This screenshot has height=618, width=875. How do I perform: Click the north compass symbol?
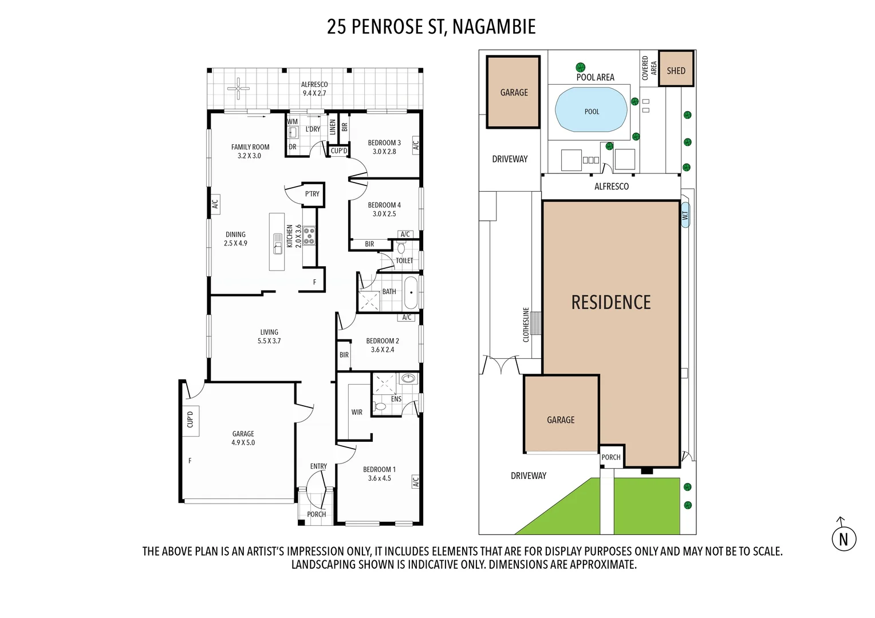pyautogui.click(x=844, y=537)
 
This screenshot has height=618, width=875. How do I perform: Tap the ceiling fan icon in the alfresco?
pyautogui.click(x=238, y=89)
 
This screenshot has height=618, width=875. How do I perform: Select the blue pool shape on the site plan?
pyautogui.click(x=591, y=110)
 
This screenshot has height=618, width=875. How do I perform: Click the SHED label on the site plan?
pyautogui.click(x=676, y=70)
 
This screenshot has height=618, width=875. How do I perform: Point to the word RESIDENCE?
pyautogui.click(x=611, y=303)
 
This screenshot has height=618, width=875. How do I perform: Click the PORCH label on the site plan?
pyautogui.click(x=611, y=457)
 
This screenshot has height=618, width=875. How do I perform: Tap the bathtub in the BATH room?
pyautogui.click(x=411, y=292)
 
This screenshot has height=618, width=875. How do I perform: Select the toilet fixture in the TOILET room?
pyautogui.click(x=401, y=248)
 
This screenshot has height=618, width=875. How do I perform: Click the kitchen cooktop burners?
pyautogui.click(x=309, y=236)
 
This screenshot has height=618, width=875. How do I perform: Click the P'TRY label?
pyautogui.click(x=312, y=194)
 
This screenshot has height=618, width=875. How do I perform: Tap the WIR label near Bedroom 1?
pyautogui.click(x=357, y=412)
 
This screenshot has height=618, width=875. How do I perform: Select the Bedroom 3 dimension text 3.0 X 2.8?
pyautogui.click(x=384, y=152)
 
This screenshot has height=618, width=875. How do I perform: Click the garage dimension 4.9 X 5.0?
pyautogui.click(x=243, y=442)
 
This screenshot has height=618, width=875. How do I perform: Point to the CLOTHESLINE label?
pyautogui.click(x=526, y=324)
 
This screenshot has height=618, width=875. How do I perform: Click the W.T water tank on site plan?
pyautogui.click(x=685, y=215)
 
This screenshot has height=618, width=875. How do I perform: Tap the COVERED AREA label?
pyautogui.click(x=649, y=68)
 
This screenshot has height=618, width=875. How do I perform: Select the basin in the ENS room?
pyautogui.click(x=408, y=379)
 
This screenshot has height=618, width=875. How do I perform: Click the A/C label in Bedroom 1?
pyautogui.click(x=416, y=482)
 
